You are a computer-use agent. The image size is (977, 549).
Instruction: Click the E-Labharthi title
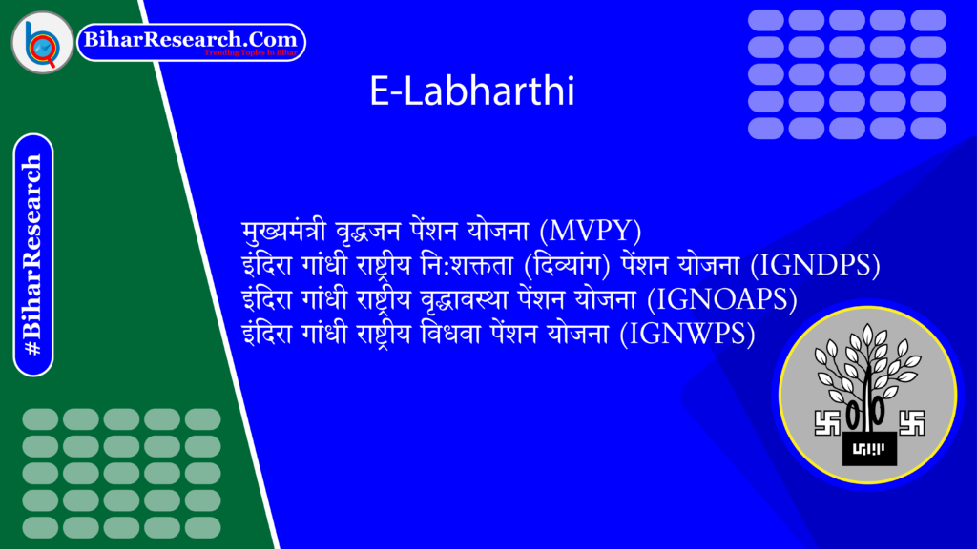471,92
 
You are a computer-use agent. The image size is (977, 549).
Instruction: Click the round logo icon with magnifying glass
42,42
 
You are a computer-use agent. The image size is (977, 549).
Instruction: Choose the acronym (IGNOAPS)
722,299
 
